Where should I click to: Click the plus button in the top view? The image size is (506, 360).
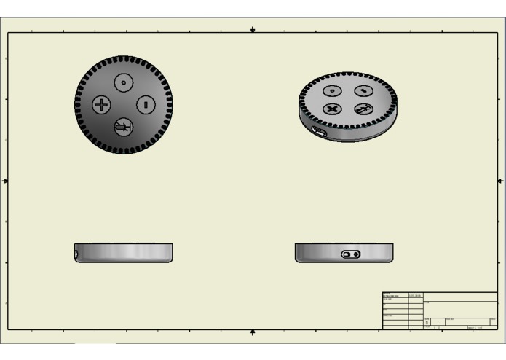pos(100,104)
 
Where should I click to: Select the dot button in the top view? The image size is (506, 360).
pos(124,82)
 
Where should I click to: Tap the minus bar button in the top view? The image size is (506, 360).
pos(146,104)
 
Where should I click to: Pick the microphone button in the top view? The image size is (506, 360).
pos(124,128)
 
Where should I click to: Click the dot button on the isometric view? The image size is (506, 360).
pos(332,91)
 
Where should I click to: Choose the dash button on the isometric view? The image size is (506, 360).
pos(363,91)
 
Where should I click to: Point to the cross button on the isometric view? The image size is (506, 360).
pos(333,109)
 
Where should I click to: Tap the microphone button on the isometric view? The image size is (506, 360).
pos(363,109)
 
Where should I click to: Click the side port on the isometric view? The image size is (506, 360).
pos(318,132)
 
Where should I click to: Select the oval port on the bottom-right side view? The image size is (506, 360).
pos(351,254)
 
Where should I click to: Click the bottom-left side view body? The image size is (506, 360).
pos(124,253)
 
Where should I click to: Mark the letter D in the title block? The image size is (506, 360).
pos(427,322)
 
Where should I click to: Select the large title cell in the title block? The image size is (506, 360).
pos(459,308)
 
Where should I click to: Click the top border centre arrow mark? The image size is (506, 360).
pos(253,30)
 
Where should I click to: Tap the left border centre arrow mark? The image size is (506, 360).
pos(6,180)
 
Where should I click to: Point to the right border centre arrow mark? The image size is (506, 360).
pos(500,180)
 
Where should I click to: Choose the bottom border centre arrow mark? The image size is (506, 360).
pos(253,332)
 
